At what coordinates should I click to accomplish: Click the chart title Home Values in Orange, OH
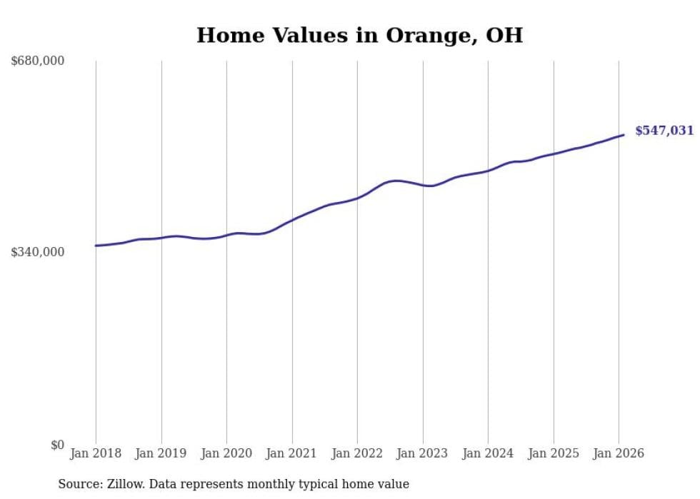pos(359,35)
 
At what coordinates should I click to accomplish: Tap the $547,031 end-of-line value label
pos(664,131)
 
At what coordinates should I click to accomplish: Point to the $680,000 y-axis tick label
pos(38,61)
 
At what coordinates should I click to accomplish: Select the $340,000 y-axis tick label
pos(38,252)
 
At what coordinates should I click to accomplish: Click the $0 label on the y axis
pos(57,445)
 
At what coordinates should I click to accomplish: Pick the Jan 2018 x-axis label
pos(96,453)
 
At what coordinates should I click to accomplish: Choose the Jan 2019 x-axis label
pos(161,453)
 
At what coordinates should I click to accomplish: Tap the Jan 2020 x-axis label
pos(226,453)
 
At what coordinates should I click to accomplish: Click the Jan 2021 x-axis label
pos(292,453)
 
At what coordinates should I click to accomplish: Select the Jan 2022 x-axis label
pos(357,453)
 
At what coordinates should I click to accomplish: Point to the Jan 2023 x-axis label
pos(423,453)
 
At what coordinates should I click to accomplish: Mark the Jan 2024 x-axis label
pos(488,453)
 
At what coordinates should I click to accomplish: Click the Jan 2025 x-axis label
pos(554,453)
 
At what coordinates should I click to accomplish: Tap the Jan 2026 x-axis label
pos(619,453)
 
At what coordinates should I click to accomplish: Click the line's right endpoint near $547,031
pos(624,134)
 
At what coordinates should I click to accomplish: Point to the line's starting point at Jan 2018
pos(96,246)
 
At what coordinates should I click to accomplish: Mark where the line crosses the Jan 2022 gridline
pos(358,198)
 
